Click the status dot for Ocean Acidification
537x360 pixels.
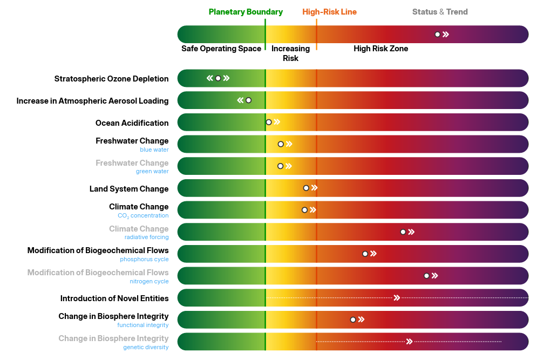(x=269, y=122)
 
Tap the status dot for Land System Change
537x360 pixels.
(x=306, y=188)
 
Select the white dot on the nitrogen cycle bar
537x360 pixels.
(x=426, y=276)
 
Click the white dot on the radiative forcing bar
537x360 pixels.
(x=403, y=232)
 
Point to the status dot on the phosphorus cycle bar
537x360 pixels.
(x=365, y=254)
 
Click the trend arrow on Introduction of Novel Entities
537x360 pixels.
(x=397, y=298)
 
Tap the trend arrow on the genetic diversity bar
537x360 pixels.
(x=409, y=342)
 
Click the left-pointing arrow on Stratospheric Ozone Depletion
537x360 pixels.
(x=210, y=78)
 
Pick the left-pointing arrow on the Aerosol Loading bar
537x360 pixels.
(x=240, y=100)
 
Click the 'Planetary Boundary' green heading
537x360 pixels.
(x=246, y=12)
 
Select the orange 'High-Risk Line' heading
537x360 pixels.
(x=329, y=12)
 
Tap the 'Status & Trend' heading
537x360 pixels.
(x=440, y=12)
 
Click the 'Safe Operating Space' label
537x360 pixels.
(x=221, y=49)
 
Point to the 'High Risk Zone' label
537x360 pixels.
(x=380, y=49)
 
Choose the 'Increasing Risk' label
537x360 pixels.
(x=290, y=53)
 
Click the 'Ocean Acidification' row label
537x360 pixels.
(x=132, y=123)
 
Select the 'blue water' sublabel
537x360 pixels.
(x=154, y=150)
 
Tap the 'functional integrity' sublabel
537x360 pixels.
(x=142, y=325)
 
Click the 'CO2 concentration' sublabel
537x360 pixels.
(x=143, y=216)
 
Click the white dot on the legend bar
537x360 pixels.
(x=438, y=35)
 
